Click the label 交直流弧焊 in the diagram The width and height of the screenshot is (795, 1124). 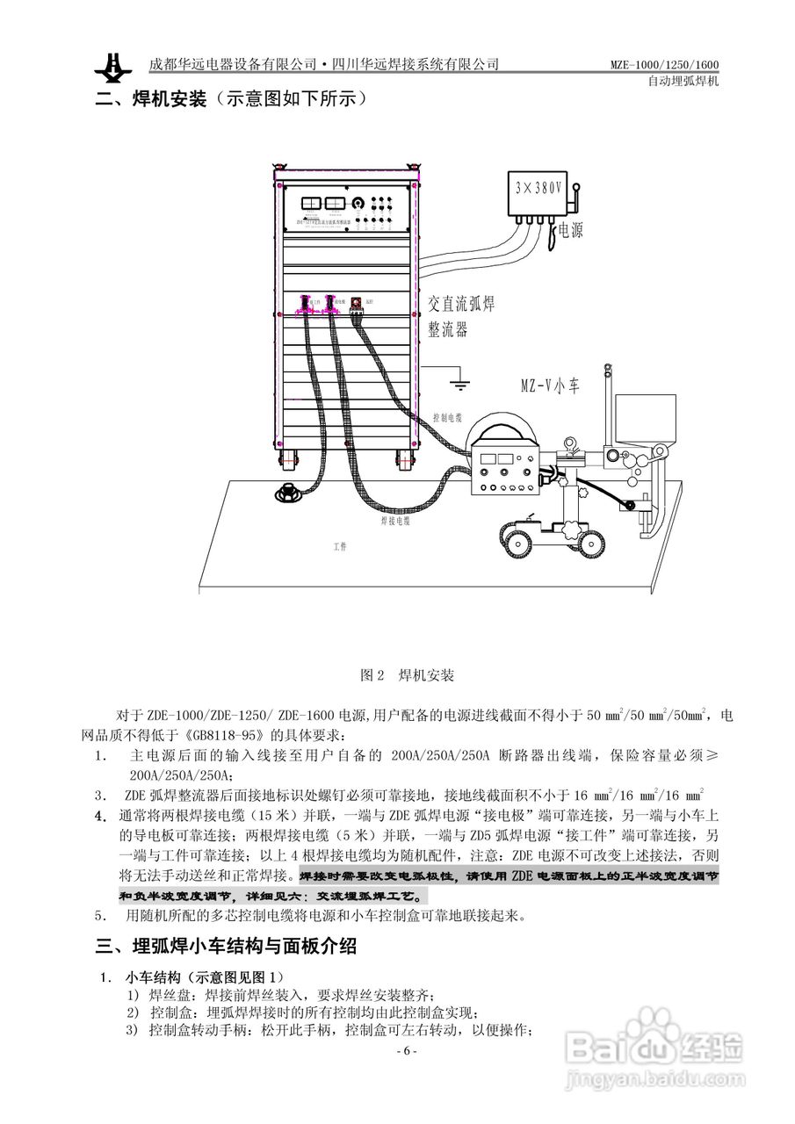point(460,305)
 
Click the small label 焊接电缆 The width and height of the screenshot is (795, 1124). point(397,520)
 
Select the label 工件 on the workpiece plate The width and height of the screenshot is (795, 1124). point(340,545)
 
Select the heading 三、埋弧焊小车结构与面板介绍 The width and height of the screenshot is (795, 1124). point(226,947)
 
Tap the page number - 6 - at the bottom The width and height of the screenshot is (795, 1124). point(405,1051)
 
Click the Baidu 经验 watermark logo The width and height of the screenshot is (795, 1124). point(654,1045)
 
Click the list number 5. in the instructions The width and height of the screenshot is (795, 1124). point(101,916)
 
